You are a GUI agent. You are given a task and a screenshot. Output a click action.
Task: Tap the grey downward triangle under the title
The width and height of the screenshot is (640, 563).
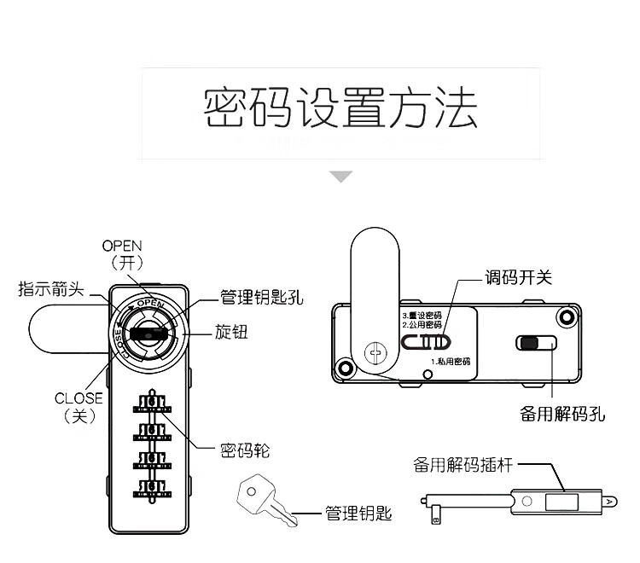tap(341, 177)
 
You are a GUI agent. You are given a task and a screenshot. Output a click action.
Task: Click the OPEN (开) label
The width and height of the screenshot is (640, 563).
tap(122, 254)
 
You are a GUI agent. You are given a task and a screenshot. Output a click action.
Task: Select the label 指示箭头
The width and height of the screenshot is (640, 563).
tap(50, 289)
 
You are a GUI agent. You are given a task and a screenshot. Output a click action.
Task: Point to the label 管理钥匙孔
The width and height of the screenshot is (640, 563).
tap(261, 298)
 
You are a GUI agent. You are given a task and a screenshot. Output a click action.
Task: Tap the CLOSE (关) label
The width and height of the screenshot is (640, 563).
tap(79, 407)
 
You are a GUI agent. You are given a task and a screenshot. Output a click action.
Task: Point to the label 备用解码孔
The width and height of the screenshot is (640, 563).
tap(562, 414)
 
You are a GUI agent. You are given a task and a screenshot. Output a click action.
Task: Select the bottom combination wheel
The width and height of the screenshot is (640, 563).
tap(151, 489)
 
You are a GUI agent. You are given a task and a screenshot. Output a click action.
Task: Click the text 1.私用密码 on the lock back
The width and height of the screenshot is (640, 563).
tap(450, 362)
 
